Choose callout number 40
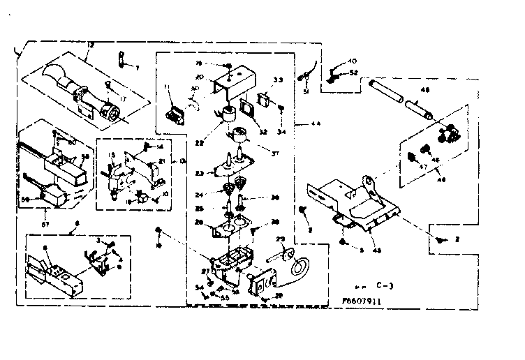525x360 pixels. tap(352, 61)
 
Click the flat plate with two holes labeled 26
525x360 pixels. tap(230, 224)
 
